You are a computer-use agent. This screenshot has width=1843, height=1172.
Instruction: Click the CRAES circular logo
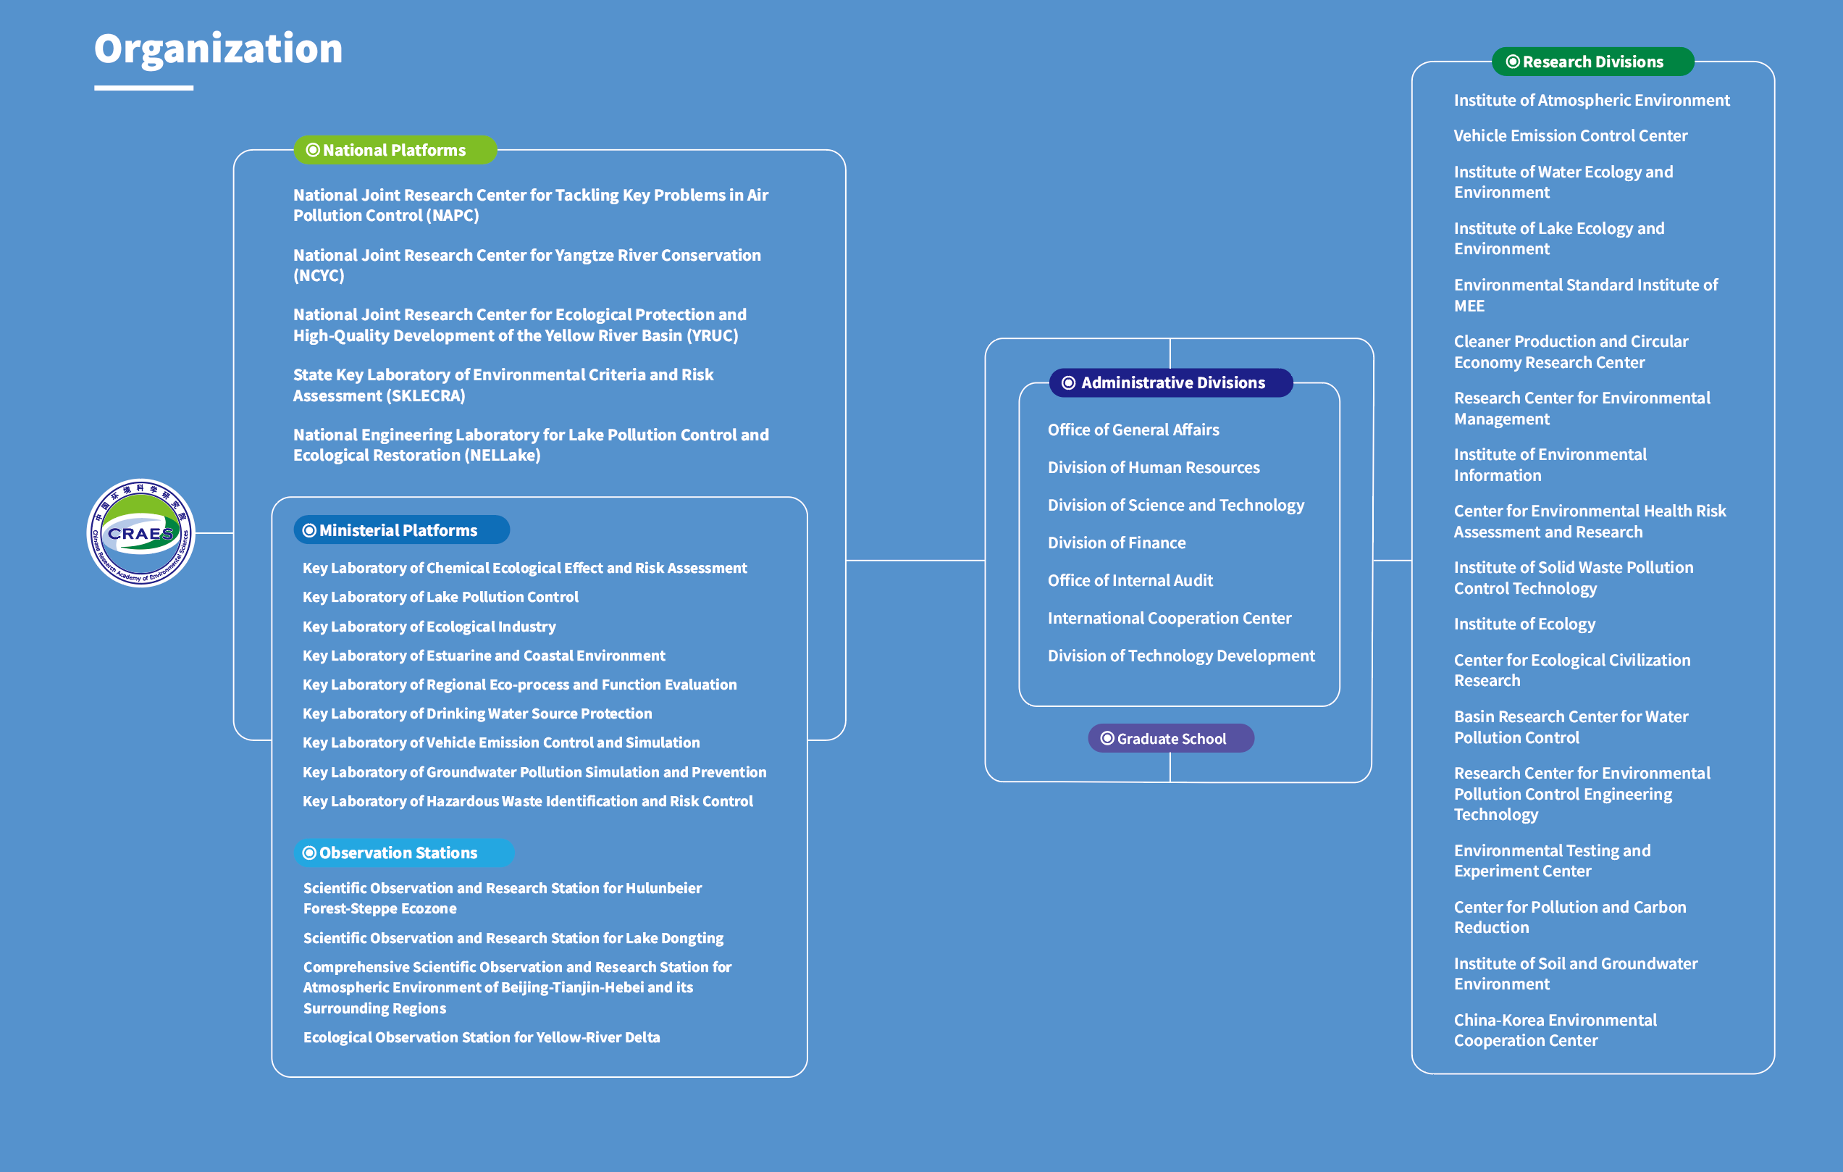pos(140,533)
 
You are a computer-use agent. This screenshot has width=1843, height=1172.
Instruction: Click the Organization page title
pos(218,49)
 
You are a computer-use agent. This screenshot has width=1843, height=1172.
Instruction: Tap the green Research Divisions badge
pos(1592,62)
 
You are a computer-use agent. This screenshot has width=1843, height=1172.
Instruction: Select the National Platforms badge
pos(394,150)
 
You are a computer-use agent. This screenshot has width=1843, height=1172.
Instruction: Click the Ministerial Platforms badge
pos(401,530)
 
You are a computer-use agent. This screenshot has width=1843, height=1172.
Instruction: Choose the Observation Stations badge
pos(403,853)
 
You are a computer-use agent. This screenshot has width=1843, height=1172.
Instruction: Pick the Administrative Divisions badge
pos(1171,382)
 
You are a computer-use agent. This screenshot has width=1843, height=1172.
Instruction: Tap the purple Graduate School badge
pos(1170,739)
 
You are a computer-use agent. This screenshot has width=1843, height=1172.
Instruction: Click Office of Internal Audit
pos(1130,580)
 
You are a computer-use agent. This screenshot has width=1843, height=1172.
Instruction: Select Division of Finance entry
pos(1116,543)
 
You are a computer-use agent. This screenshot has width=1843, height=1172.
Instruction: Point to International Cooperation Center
pos(1169,618)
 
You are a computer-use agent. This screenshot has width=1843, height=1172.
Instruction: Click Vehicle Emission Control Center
pos(1570,135)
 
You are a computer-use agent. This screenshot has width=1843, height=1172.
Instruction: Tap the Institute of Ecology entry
pos(1524,624)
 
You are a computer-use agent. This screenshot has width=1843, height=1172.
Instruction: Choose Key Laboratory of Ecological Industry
pos(429,626)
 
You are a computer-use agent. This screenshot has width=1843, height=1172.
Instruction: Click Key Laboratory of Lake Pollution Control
pos(440,597)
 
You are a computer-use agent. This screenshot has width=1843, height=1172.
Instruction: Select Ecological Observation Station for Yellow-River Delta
pos(481,1037)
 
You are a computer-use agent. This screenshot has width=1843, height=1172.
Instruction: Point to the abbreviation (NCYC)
pos(319,275)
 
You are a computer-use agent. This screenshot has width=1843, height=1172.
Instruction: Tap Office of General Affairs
pos(1133,430)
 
